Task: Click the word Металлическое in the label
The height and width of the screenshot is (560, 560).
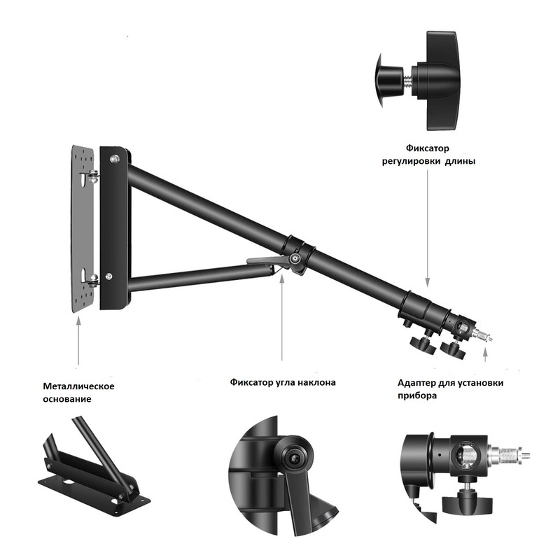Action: (x=78, y=386)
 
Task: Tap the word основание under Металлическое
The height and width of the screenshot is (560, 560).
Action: (x=67, y=399)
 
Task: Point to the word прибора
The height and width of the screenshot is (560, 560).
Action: (x=417, y=395)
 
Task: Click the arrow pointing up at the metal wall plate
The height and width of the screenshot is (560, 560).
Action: (x=78, y=340)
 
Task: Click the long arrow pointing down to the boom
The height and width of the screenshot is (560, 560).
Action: (x=428, y=228)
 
